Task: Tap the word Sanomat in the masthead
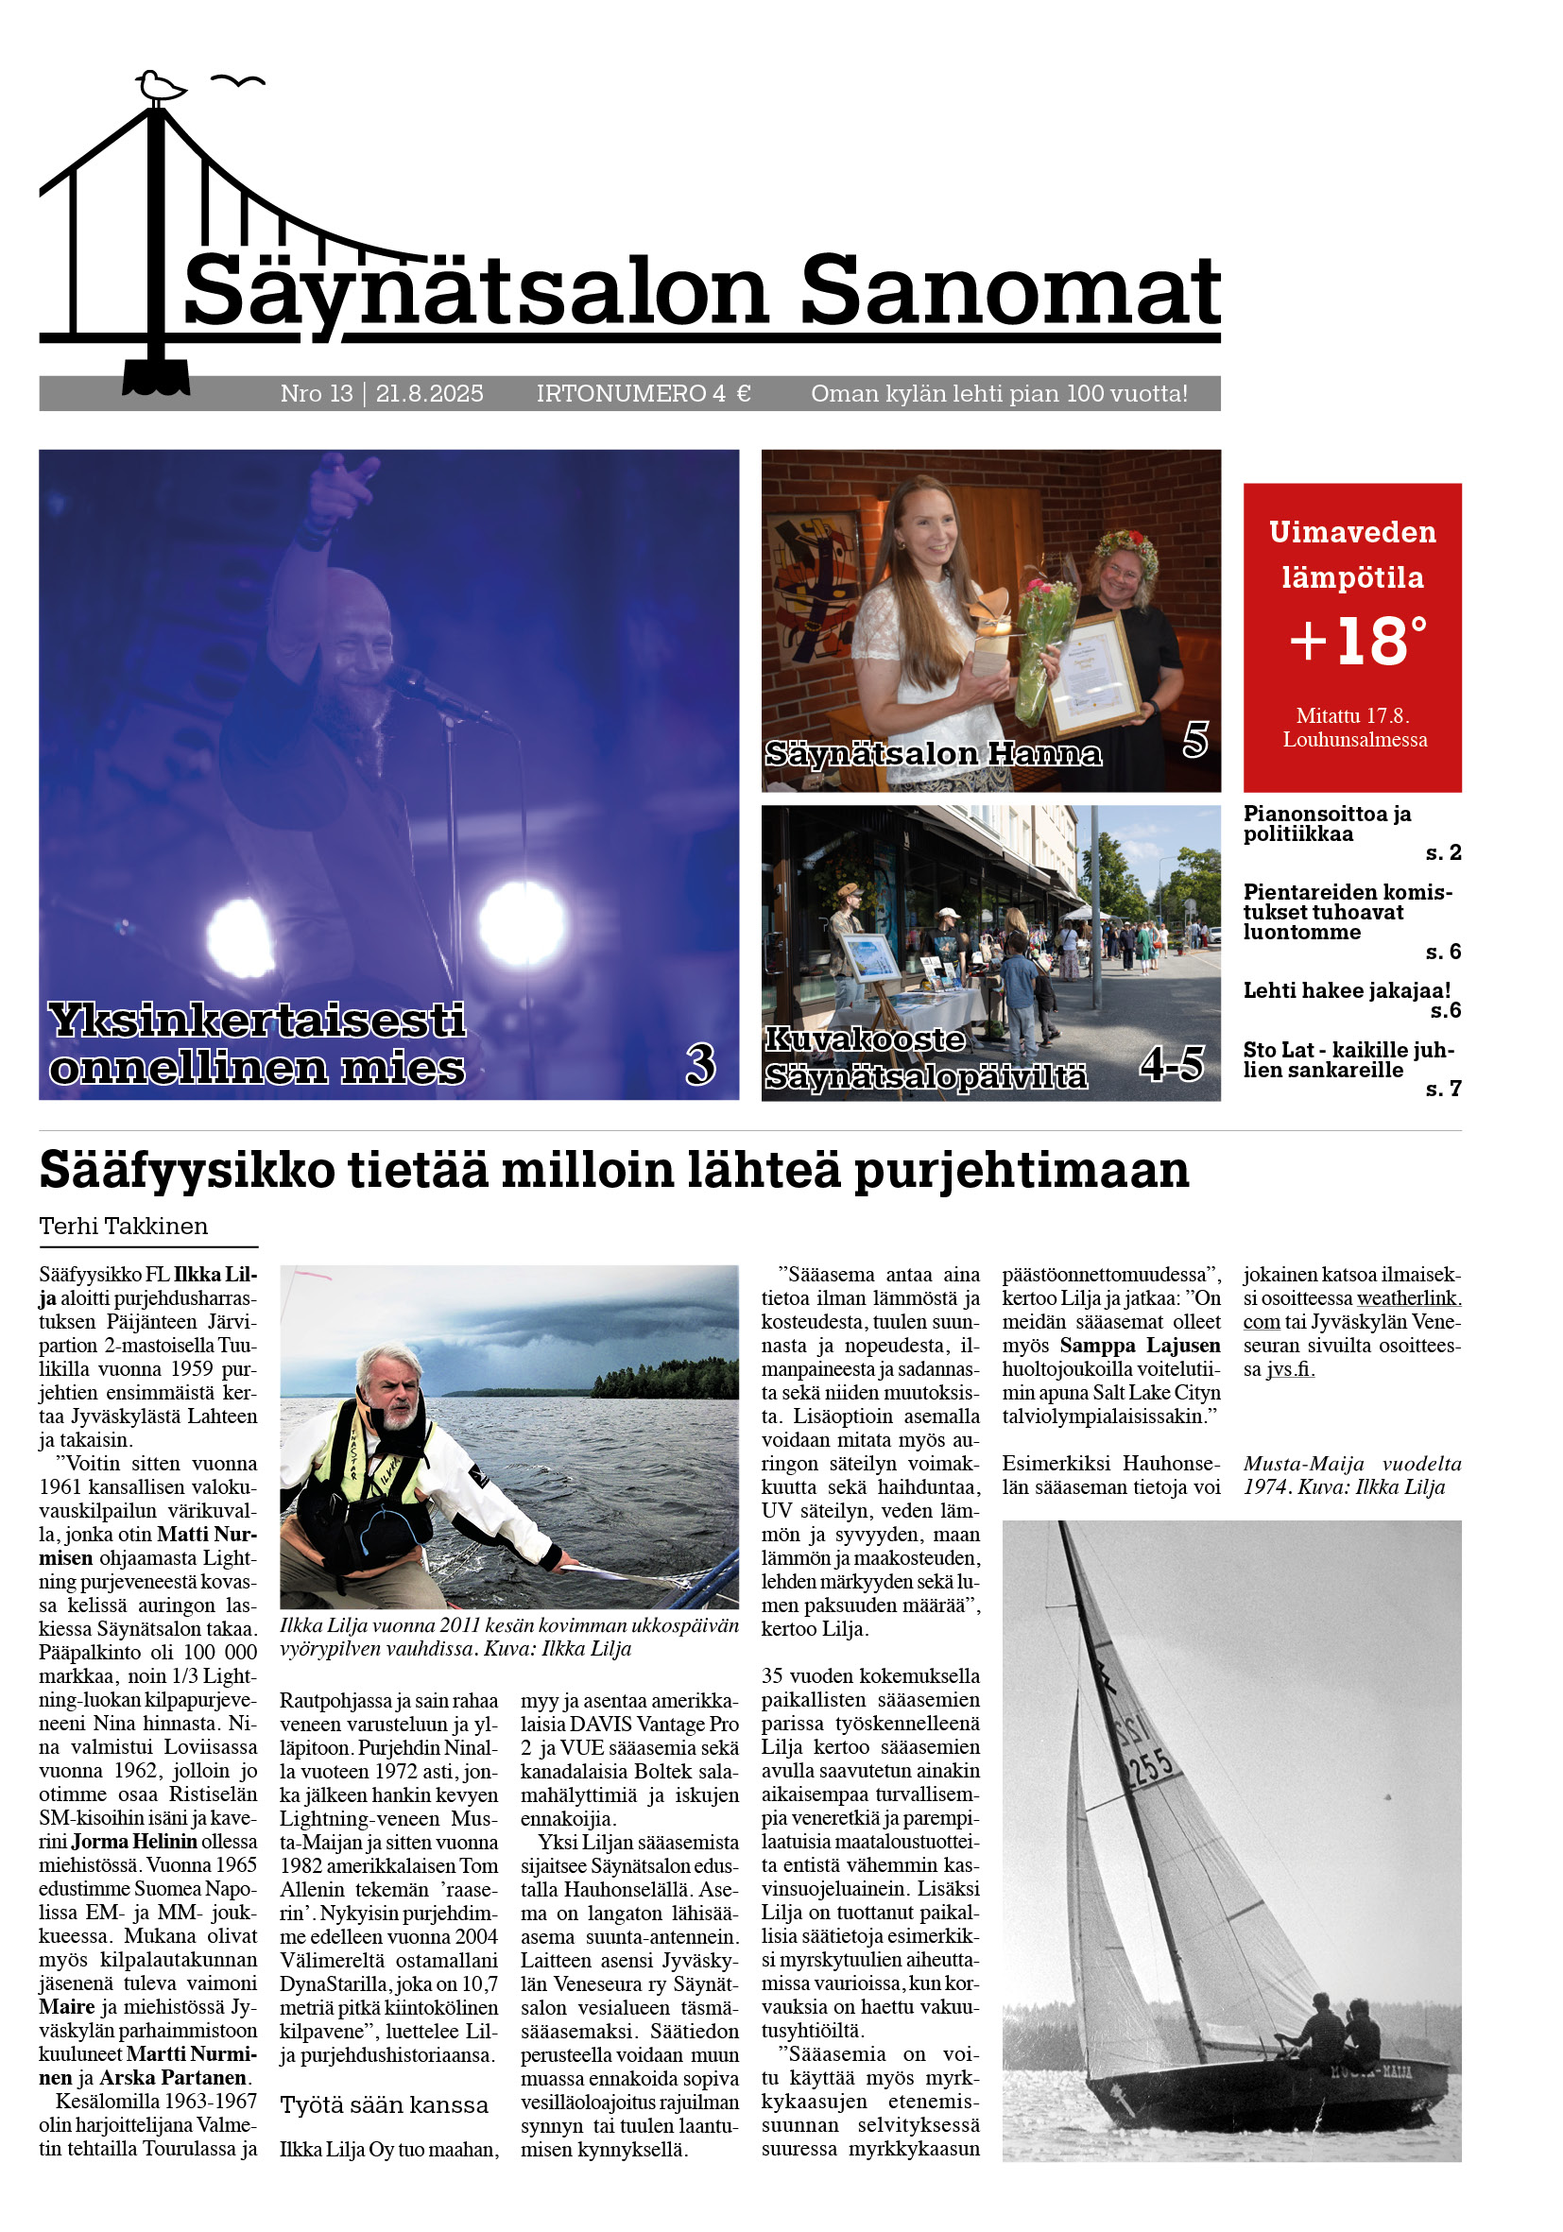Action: tap(1009, 291)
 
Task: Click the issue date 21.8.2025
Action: tap(429, 394)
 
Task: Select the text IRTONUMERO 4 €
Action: tap(643, 394)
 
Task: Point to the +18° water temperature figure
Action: tap(1357, 641)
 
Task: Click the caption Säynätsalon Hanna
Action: tap(933, 753)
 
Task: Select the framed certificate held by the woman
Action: tap(1092, 675)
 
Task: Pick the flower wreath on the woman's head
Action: tap(1126, 546)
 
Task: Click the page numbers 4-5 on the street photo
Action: tap(1171, 1064)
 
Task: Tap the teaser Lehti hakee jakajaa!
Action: tap(1347, 990)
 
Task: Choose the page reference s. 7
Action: tap(1442, 1089)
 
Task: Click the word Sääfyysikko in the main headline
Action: tap(186, 1171)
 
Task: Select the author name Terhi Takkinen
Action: tap(124, 1226)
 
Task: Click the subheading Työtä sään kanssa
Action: tap(384, 2104)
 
